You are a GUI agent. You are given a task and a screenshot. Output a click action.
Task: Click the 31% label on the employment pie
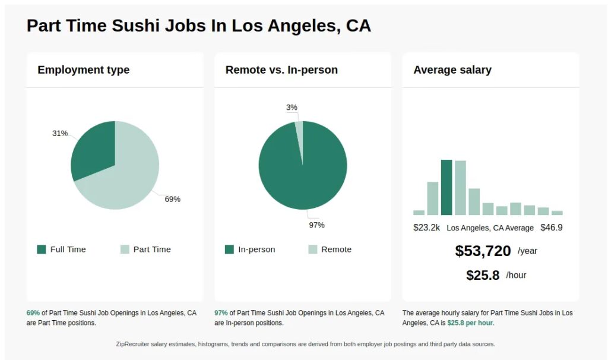pyautogui.click(x=60, y=133)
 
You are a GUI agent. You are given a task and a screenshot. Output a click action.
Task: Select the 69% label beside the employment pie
pyautogui.click(x=172, y=199)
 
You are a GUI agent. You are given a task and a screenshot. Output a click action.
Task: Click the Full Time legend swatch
pyautogui.click(x=42, y=250)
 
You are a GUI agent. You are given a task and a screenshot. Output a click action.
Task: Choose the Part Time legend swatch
pyautogui.click(x=125, y=250)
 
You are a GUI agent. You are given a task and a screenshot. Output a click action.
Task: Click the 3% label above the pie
pyautogui.click(x=292, y=108)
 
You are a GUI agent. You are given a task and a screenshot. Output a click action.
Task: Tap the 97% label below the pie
pyautogui.click(x=316, y=225)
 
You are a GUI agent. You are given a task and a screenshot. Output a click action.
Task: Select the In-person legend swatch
pyautogui.click(x=229, y=250)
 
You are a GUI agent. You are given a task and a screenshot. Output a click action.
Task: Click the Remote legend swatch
pyautogui.click(x=313, y=250)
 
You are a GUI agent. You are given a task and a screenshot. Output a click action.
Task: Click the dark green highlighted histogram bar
pyautogui.click(x=446, y=187)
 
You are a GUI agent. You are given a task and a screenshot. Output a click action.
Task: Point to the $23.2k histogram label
pyautogui.click(x=426, y=228)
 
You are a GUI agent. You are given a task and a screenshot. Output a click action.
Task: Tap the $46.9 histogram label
pyautogui.click(x=551, y=228)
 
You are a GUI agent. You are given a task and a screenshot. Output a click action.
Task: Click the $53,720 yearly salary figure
pyautogui.click(x=483, y=251)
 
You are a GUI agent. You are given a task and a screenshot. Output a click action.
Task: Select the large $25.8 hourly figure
pyautogui.click(x=483, y=276)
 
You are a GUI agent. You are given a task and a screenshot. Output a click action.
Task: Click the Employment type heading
pyautogui.click(x=83, y=70)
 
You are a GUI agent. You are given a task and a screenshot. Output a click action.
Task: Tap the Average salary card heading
pyautogui.click(x=452, y=70)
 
